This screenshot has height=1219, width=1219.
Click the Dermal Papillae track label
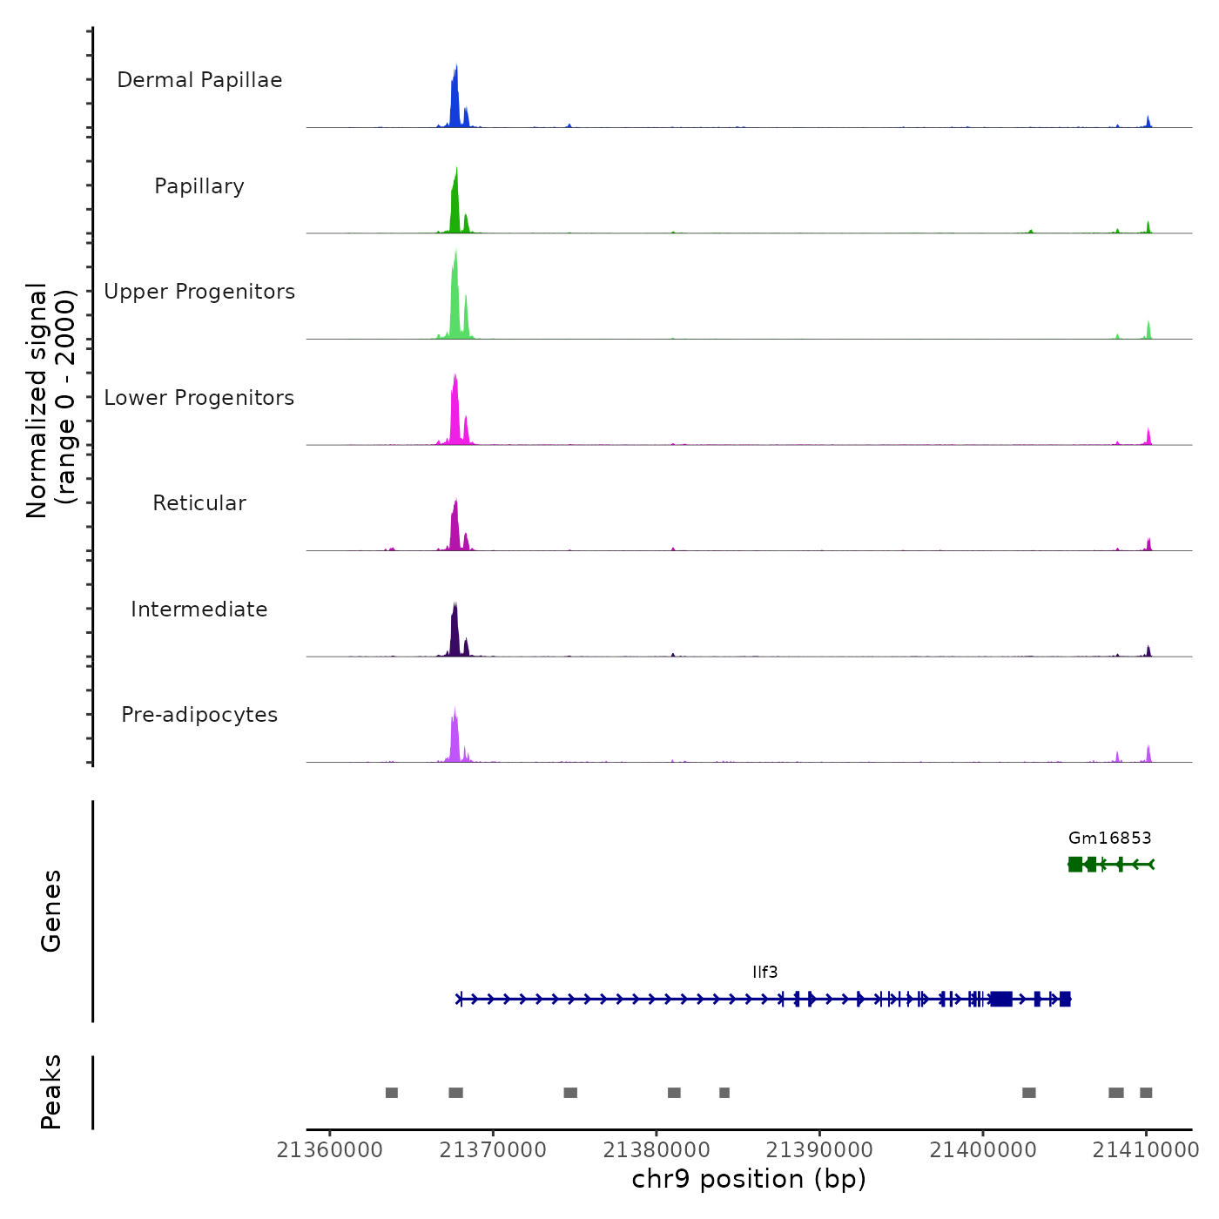[x=199, y=80]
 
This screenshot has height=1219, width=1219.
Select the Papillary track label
[x=199, y=186]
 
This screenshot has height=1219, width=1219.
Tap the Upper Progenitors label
[x=199, y=292]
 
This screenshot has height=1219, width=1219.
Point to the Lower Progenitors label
[x=199, y=398]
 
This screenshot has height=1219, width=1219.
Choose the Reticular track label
[x=199, y=503]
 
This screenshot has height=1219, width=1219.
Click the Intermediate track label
[x=199, y=609]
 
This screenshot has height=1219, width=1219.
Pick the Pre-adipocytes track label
[x=199, y=715]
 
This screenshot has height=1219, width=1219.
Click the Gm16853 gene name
[x=1109, y=838]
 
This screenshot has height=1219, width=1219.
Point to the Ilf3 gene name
[x=764, y=973]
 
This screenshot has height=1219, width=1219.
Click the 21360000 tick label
[x=330, y=1150]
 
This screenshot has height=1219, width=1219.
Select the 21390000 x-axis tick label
[x=819, y=1150]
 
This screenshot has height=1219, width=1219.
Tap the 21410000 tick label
[x=1146, y=1150]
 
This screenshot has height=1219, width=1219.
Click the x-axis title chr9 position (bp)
[x=749, y=1180]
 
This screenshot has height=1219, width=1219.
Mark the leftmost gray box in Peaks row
[x=392, y=1093]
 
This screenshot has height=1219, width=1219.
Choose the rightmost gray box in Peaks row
[x=1146, y=1093]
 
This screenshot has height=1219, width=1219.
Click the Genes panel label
[x=51, y=911]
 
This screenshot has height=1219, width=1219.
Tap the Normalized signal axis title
[x=51, y=401]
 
